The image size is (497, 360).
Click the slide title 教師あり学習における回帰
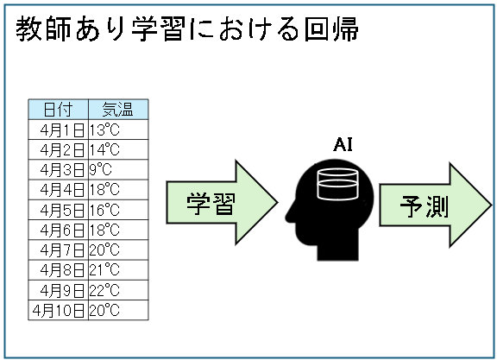187,29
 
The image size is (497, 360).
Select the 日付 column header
58,110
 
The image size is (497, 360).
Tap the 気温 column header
118,110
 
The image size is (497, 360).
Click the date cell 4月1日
58,129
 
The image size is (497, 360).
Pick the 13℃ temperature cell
118,129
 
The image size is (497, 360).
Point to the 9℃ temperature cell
118,170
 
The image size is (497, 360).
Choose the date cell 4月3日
58,170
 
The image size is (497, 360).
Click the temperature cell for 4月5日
118,210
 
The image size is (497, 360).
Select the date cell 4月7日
58,250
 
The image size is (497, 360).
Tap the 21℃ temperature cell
118,270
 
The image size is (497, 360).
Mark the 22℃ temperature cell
118,290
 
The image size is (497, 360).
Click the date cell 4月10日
58,310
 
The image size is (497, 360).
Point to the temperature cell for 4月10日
118,310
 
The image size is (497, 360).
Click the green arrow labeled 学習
222,202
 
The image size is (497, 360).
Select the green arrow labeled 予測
436,205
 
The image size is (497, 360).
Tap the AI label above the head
343,145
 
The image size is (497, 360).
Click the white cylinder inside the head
337,184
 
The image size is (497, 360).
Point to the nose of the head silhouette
288,217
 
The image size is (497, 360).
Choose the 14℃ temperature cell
118,149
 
